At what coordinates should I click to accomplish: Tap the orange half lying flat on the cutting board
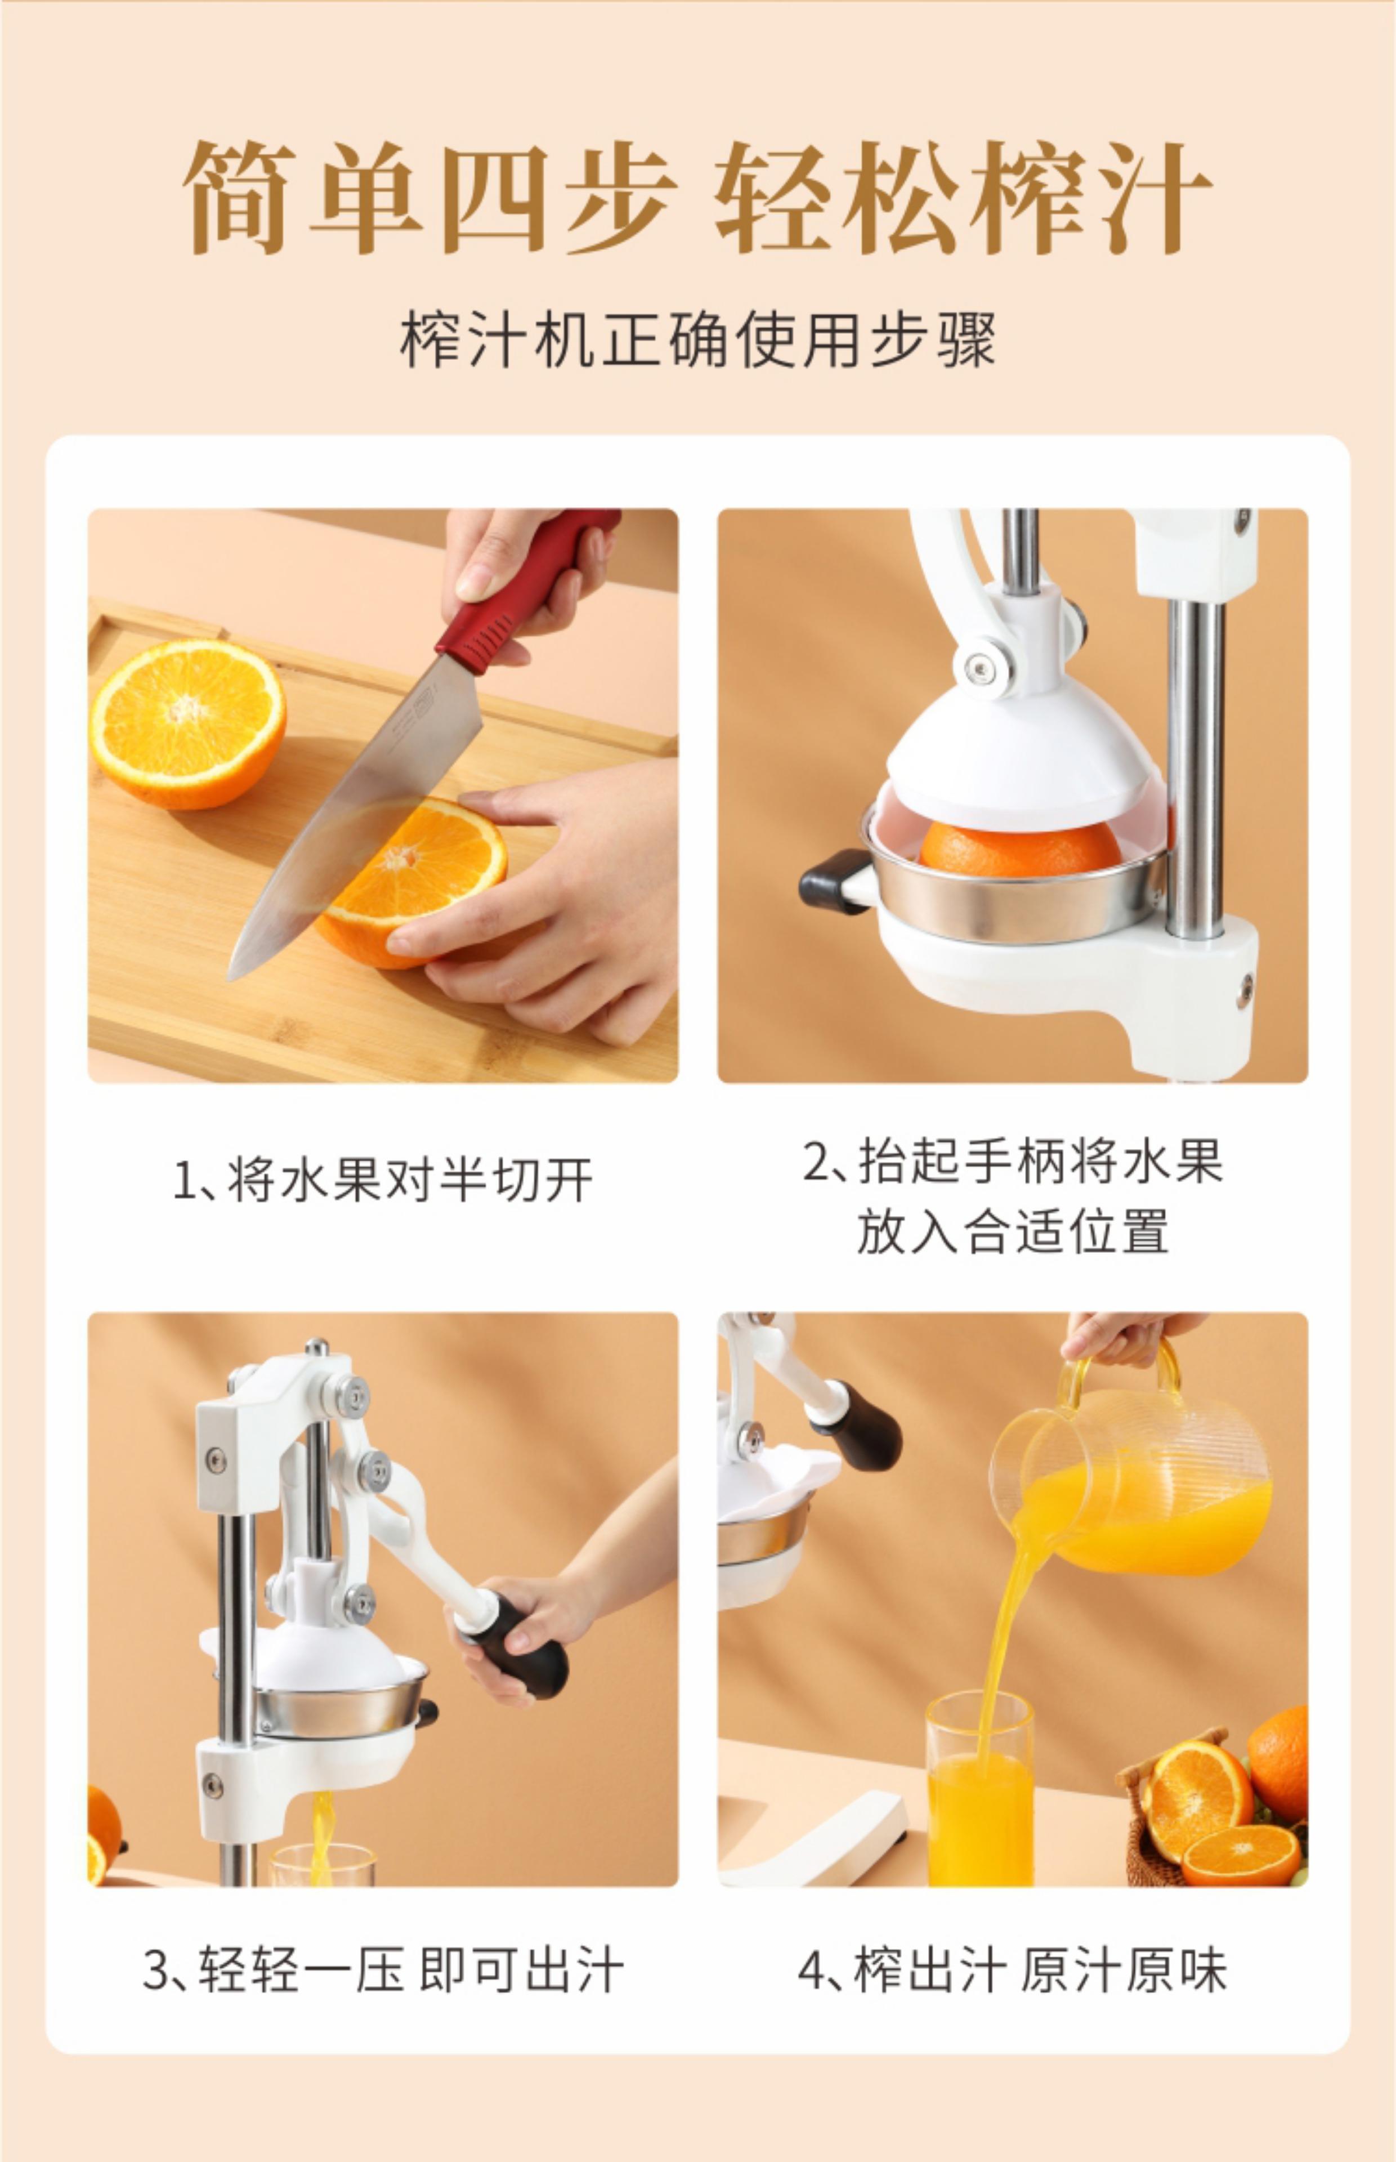(x=187, y=723)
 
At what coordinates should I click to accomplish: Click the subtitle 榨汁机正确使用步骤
(x=698, y=340)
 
